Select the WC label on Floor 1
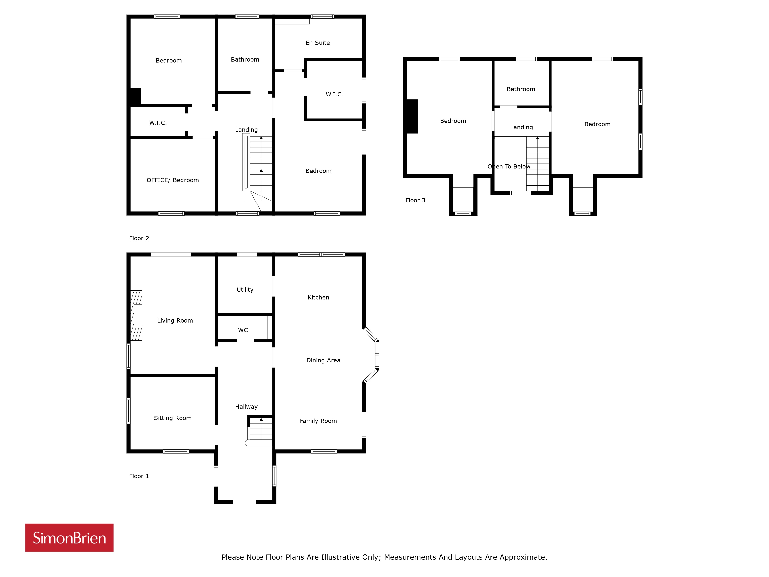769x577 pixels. point(243,330)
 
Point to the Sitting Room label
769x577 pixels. point(173,418)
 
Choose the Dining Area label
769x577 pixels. point(323,360)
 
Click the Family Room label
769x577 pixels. point(318,421)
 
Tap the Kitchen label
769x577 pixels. point(318,297)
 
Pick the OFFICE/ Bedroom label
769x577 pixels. point(173,180)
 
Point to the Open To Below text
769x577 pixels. point(509,167)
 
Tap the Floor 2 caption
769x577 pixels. point(139,238)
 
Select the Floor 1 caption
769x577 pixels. point(139,476)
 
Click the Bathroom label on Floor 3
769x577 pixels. point(521,89)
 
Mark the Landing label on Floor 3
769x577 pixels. point(521,127)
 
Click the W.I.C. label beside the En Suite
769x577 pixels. point(335,94)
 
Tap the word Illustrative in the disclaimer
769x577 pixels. point(340,557)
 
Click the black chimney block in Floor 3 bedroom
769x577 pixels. point(412,117)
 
